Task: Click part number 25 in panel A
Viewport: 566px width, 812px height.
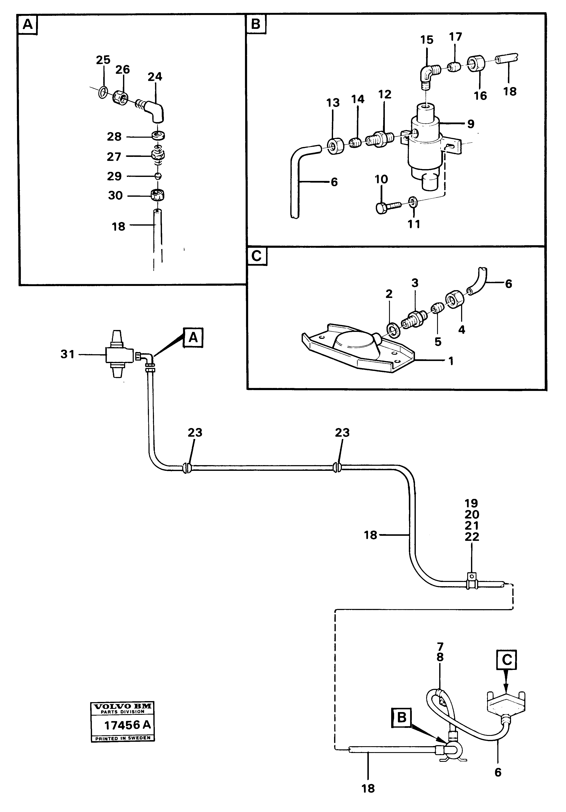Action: (103, 60)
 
